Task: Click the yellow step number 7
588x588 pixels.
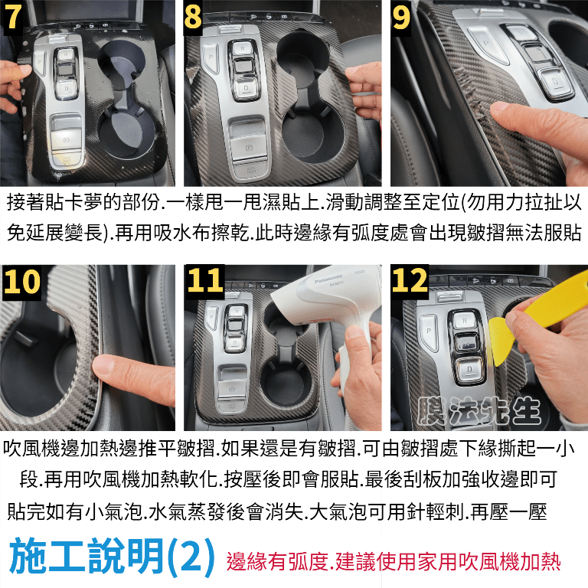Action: tap(13, 17)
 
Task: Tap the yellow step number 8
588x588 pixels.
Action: tap(193, 17)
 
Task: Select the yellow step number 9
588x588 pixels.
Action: tap(400, 18)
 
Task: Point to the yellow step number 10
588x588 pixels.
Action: tap(21, 281)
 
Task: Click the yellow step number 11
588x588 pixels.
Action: tap(205, 280)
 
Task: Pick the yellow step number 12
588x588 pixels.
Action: tap(410, 280)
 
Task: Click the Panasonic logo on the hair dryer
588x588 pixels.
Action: tap(328, 279)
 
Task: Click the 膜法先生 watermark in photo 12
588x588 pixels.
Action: tap(479, 411)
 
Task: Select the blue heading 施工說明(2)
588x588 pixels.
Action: tap(112, 557)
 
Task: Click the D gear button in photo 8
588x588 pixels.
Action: tap(246, 87)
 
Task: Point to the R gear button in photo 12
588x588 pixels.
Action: tap(464, 321)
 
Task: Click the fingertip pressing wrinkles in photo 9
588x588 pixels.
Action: tap(501, 110)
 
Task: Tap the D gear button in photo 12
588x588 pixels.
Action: tap(469, 369)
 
